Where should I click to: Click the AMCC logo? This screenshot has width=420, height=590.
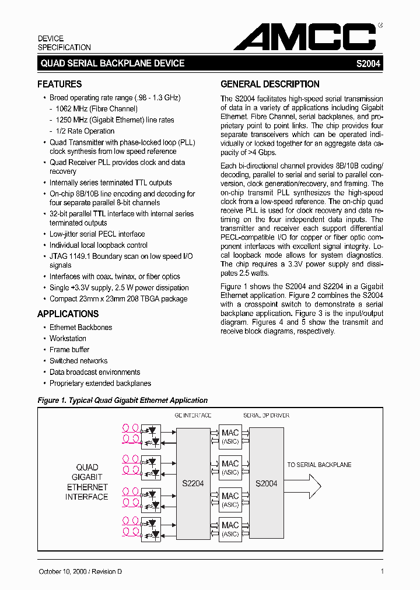[x=304, y=37]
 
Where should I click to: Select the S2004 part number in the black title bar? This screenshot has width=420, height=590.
[x=368, y=64]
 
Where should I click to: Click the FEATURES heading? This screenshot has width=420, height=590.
[x=60, y=84]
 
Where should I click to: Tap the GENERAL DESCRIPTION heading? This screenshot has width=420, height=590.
[x=269, y=84]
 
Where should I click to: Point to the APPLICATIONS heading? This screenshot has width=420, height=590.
[x=68, y=314]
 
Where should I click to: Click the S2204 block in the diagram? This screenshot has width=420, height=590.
[x=193, y=483]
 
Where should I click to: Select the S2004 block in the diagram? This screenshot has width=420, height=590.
[x=267, y=483]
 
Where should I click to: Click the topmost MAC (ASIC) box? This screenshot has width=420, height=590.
[x=230, y=436]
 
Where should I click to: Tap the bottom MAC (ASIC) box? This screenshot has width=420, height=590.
[x=230, y=529]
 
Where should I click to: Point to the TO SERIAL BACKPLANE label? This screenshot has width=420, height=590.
[x=319, y=465]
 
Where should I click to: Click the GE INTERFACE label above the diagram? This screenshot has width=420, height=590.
[x=193, y=416]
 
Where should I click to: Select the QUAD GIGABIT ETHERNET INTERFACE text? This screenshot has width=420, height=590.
[x=87, y=482]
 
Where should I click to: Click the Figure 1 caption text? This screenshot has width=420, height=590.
[x=123, y=401]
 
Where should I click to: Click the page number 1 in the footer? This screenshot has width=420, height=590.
[x=381, y=572]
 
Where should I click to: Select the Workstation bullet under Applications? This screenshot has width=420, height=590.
[x=68, y=338]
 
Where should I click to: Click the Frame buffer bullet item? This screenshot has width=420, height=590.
[x=69, y=350]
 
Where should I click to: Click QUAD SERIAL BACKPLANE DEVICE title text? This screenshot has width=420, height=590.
[x=112, y=64]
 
